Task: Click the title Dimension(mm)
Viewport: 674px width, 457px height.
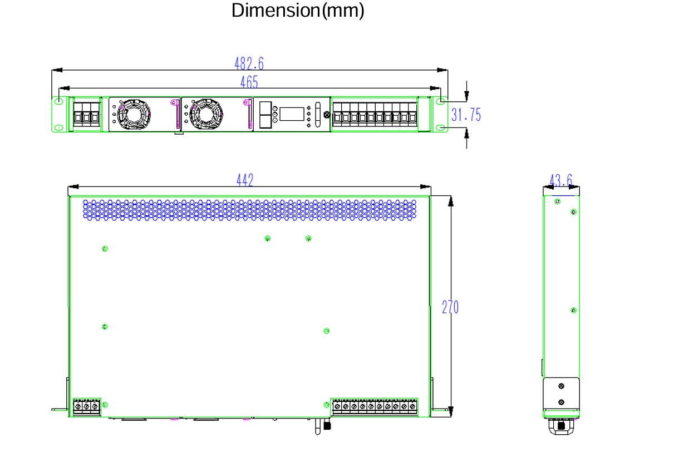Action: point(298,11)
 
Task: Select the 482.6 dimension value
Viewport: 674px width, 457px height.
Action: point(249,63)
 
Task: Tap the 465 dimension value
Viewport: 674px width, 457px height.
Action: point(249,82)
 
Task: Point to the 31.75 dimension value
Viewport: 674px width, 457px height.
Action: point(466,115)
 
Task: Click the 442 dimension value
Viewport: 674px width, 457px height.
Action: point(245,180)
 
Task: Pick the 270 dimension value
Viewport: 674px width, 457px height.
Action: point(450,307)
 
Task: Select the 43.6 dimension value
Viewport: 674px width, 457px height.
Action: point(561,180)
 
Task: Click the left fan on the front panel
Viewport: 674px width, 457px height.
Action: point(134,114)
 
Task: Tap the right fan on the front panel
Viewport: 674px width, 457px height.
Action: point(206,114)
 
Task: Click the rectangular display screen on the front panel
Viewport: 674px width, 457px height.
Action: point(292,114)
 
